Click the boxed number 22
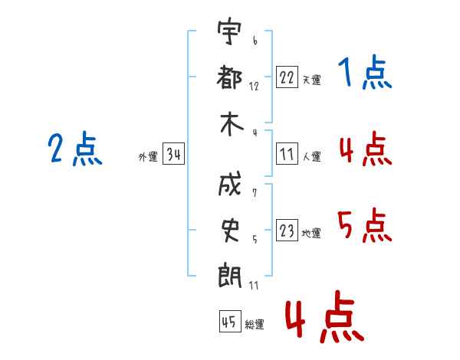click(287, 77)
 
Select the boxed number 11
click(287, 154)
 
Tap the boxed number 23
click(287, 231)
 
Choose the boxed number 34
click(173, 155)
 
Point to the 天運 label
click(311, 80)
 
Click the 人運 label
click(311, 156)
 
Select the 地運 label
click(311, 233)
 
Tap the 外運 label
click(148, 157)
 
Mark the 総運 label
click(255, 324)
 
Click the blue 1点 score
click(364, 74)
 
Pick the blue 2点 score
click(74, 149)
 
